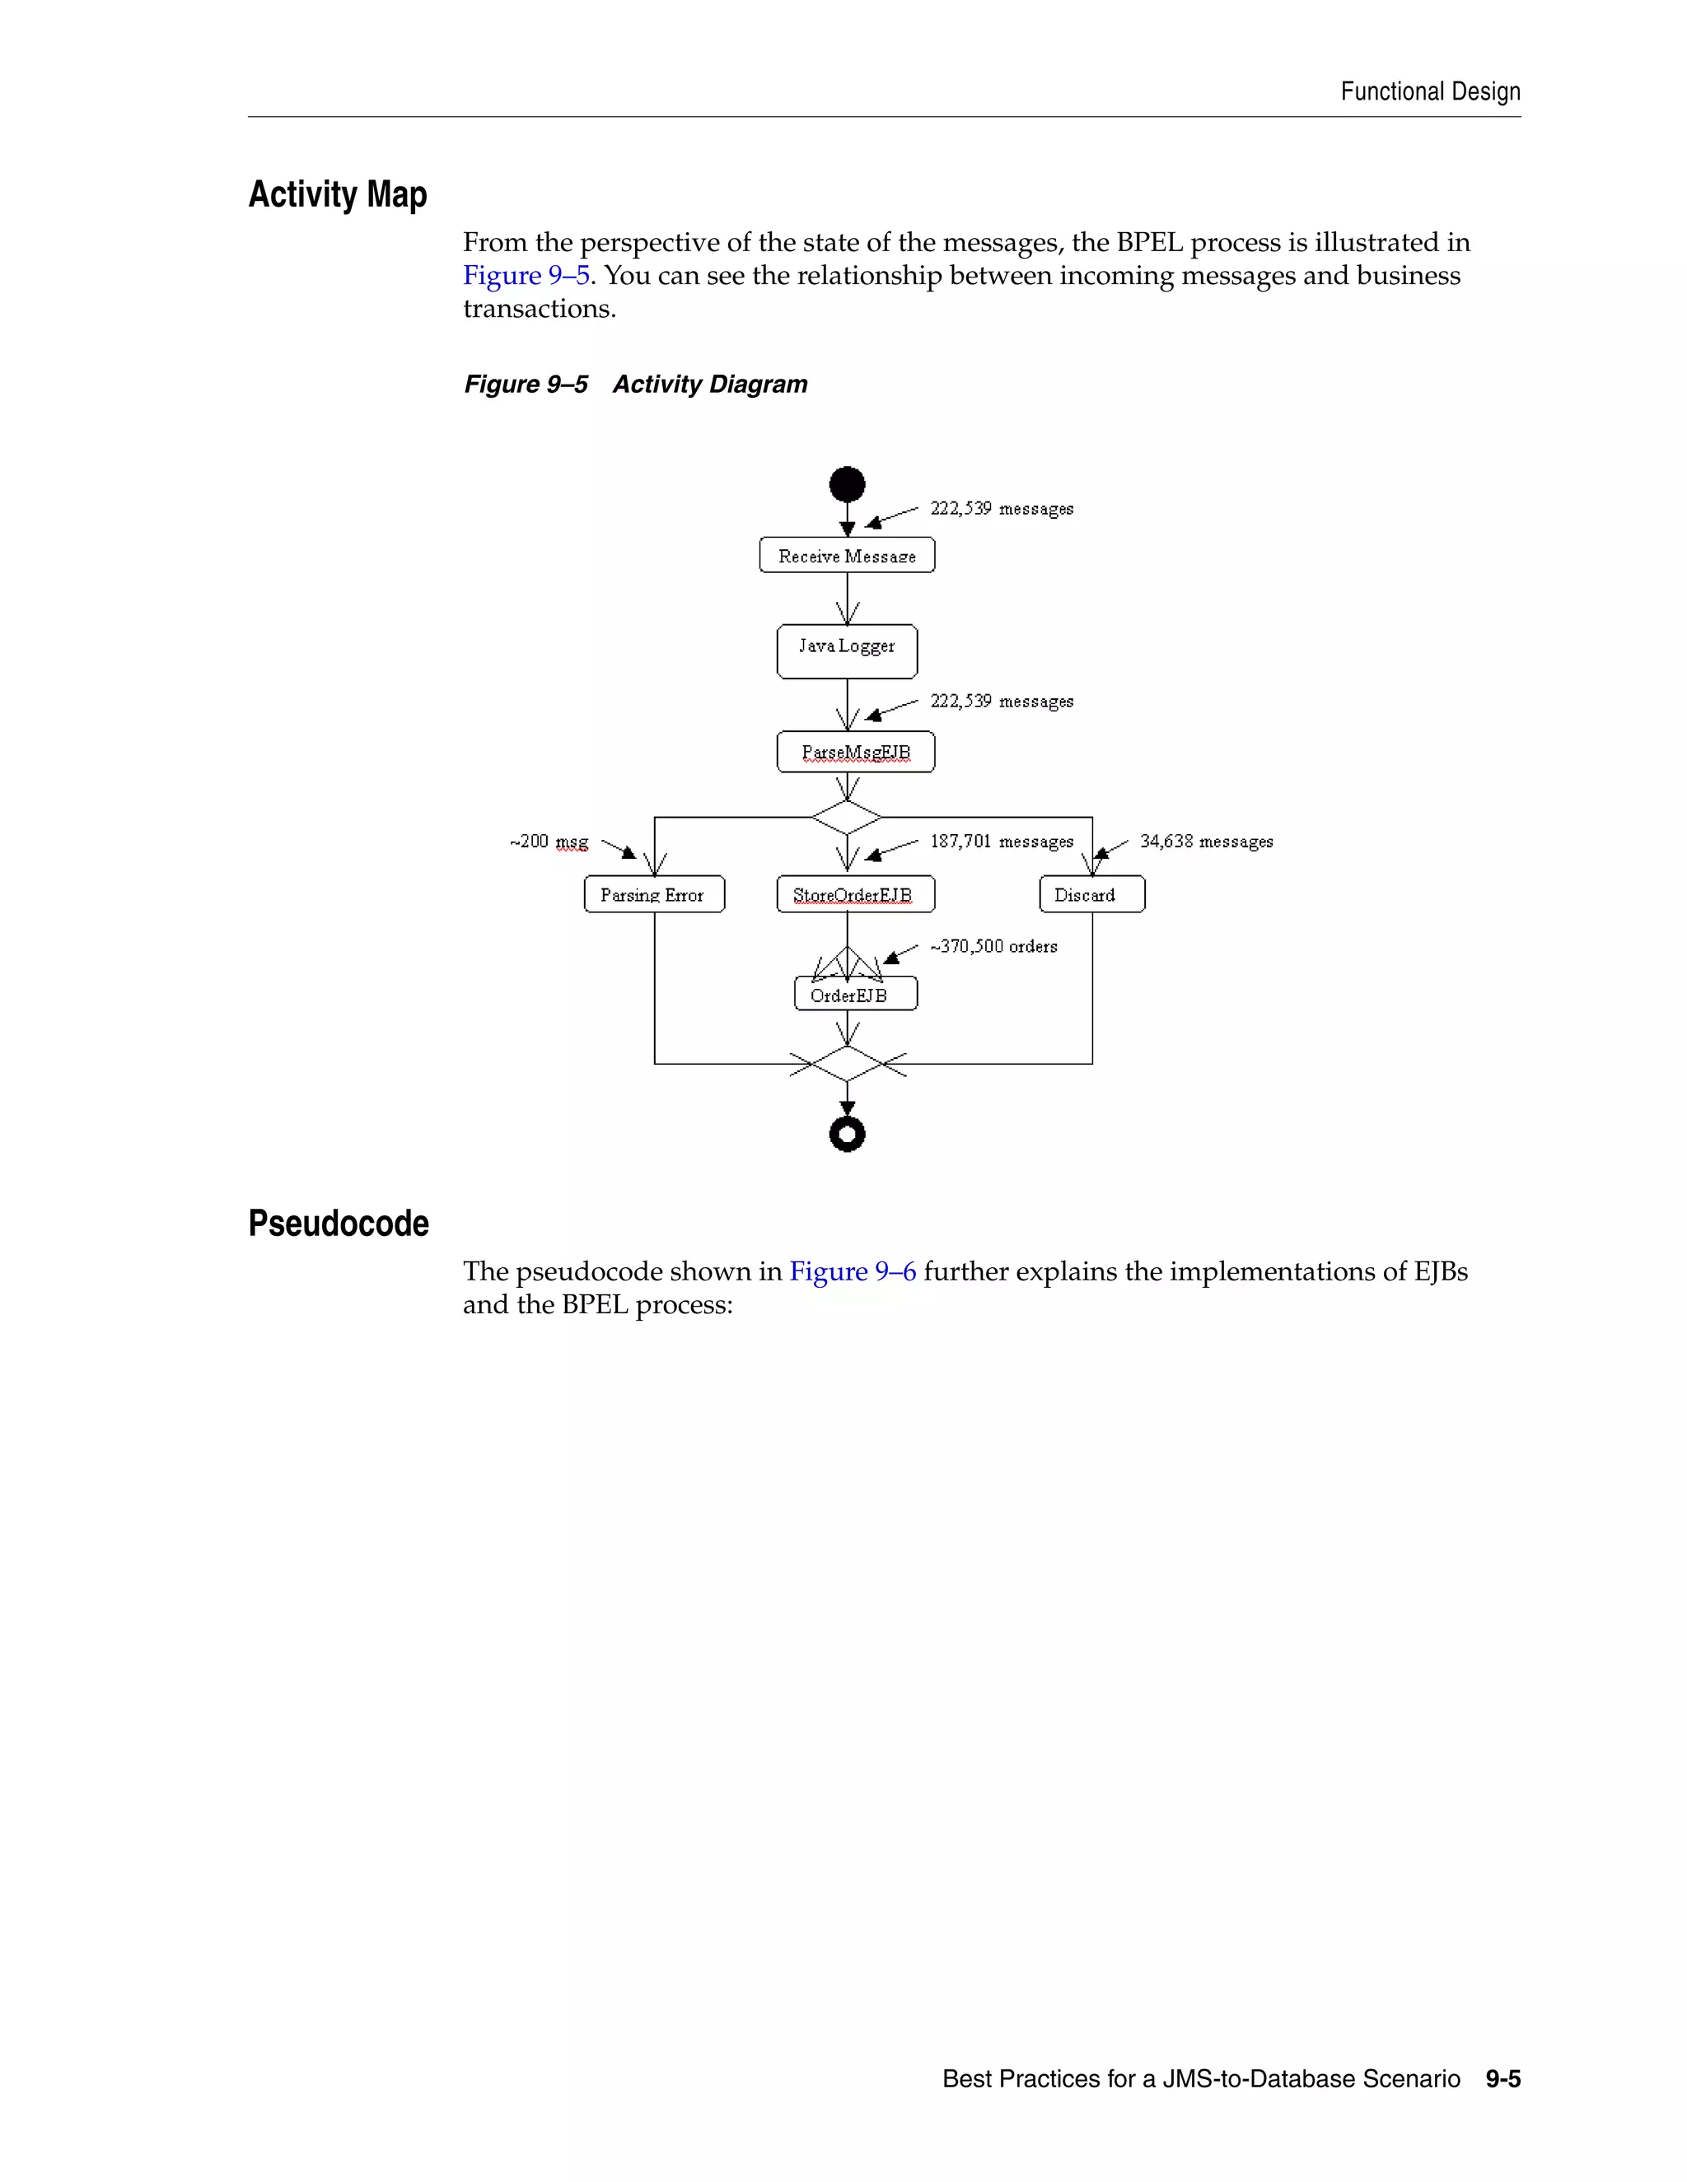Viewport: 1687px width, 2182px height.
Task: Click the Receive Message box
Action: [847, 556]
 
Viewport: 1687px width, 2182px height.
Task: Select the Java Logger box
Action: [847, 650]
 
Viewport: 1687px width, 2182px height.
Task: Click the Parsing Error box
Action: [653, 894]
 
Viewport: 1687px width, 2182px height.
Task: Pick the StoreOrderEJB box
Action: [856, 894]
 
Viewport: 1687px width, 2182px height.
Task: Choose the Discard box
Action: [1091, 894]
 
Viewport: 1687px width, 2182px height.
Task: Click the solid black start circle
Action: [847, 484]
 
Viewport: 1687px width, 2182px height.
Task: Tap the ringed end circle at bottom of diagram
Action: [847, 1134]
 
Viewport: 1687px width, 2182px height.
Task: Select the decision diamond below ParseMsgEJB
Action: [847, 818]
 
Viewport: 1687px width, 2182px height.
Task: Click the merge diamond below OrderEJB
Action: [847, 1064]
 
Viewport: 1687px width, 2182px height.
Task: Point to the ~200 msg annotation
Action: [549, 842]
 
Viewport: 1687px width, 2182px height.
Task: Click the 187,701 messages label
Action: [1002, 842]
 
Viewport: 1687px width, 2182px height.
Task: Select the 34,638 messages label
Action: [1206, 842]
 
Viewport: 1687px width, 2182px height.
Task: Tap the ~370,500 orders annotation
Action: [993, 946]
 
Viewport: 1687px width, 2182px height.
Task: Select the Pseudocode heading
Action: [339, 1223]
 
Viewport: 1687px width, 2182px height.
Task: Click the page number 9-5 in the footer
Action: [1502, 2079]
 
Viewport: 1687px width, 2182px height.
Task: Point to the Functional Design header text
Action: [1430, 92]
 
